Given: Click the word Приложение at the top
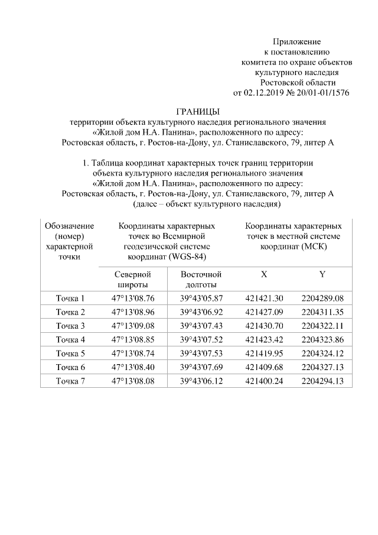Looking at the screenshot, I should [x=296, y=42].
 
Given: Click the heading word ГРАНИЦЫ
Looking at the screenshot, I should [x=198, y=112].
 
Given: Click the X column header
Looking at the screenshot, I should [x=264, y=274].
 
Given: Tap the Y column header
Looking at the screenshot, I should [x=322, y=274].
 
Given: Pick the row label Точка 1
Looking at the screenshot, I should [x=70, y=298].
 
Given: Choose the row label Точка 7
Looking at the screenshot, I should [x=70, y=381].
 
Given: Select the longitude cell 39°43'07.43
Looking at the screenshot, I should [x=201, y=326].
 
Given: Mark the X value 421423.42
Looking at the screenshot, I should [x=264, y=340].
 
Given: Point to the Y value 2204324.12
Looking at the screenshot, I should [x=322, y=354].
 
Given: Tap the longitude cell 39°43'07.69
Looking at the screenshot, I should [x=201, y=368].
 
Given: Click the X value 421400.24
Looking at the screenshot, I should [x=264, y=381].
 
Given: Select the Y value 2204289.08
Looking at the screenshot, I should [x=322, y=298].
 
